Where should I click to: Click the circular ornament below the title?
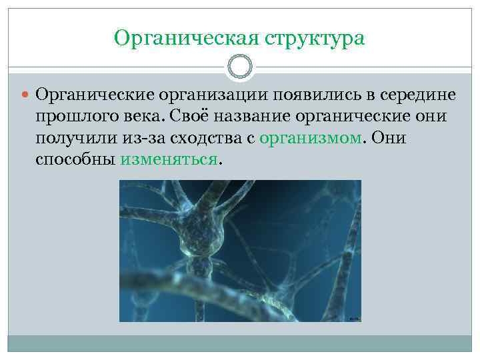pos(240,67)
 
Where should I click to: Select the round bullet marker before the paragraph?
pos(25,96)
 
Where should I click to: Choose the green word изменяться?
pos(169,160)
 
